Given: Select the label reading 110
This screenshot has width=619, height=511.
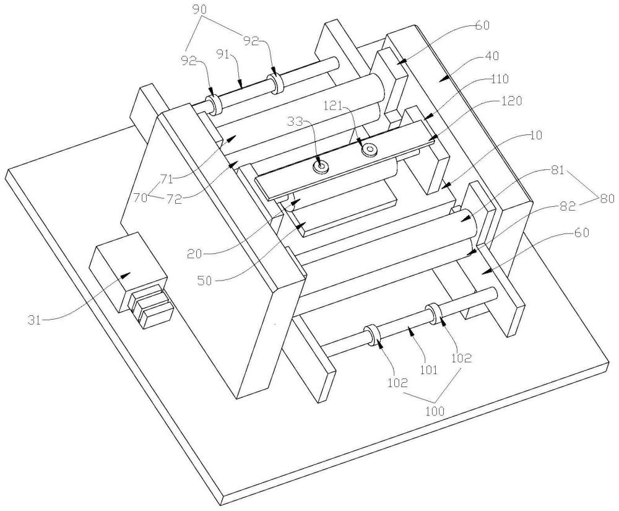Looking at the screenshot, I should point(499,79).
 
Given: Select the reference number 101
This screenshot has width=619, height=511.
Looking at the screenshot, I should point(428,370).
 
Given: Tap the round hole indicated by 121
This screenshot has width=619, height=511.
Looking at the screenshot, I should point(371,149).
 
